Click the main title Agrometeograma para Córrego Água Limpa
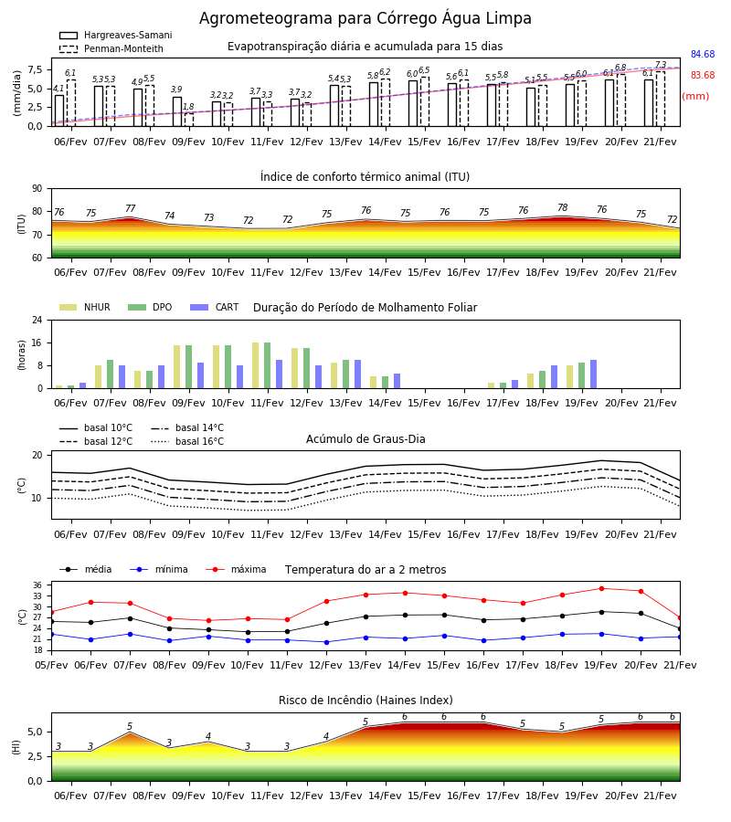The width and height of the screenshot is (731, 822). (x=365, y=18)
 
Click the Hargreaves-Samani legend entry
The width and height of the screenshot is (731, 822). (x=115, y=35)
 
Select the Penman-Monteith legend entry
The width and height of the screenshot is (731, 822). (x=111, y=48)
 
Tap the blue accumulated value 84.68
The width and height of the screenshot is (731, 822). (x=703, y=55)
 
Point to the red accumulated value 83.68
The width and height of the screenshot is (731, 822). (x=703, y=76)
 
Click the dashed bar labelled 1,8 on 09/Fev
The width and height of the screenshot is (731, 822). (x=189, y=120)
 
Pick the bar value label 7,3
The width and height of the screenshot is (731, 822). (x=661, y=65)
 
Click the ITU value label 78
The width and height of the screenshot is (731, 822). (x=563, y=207)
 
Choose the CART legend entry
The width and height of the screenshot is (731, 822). (x=215, y=307)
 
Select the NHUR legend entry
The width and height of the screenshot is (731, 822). (x=85, y=307)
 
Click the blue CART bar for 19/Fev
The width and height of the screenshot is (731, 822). (x=594, y=374)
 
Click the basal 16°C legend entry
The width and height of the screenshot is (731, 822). (x=187, y=441)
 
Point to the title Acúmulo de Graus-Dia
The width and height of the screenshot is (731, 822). (x=365, y=439)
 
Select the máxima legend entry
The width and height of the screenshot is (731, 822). (x=236, y=569)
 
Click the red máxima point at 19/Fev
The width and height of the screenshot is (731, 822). (x=601, y=589)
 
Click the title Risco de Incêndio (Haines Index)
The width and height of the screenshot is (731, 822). (x=365, y=701)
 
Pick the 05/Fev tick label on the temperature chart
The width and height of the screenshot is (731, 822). (x=51, y=665)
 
